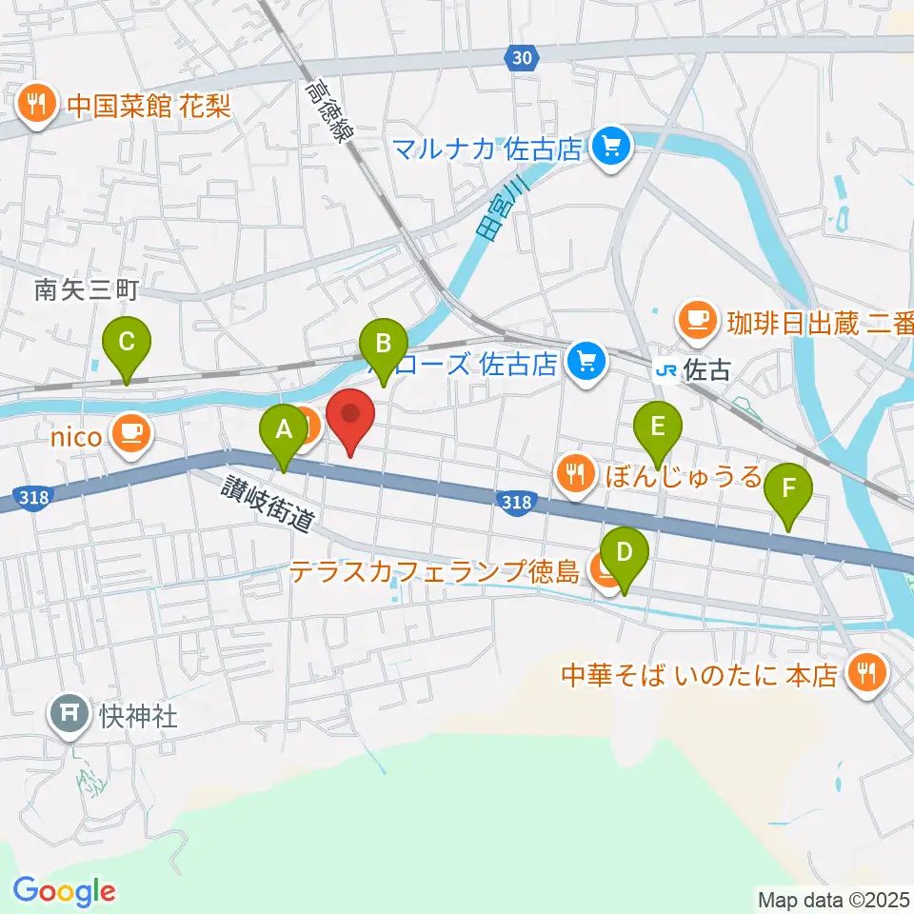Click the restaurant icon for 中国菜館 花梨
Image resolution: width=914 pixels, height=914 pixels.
coord(37,104)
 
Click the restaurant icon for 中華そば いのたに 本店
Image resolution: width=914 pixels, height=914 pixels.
coord(866,674)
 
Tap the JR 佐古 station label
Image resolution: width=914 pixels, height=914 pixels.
coord(695,370)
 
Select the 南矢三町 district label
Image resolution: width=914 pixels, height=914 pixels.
coord(87,291)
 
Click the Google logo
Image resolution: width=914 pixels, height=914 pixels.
coord(65,891)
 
